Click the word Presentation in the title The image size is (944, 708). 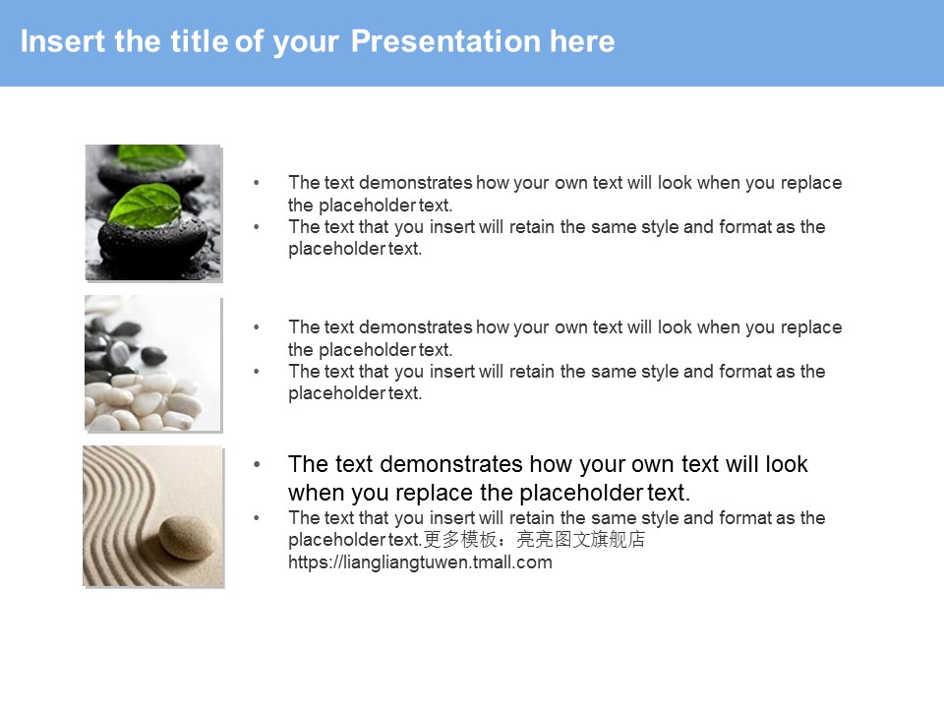445,41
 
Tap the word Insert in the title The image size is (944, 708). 63,41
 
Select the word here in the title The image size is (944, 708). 582,41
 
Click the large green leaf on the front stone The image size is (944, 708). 146,206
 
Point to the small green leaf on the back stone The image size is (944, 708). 151,156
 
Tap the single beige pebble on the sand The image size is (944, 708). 188,537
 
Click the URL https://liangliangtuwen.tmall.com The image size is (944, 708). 420,562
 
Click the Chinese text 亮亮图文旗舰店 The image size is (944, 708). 581,540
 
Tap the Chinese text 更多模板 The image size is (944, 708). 460,540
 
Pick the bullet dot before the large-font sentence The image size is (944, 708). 257,464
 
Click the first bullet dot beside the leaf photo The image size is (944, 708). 257,183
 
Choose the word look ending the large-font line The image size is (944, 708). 786,464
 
